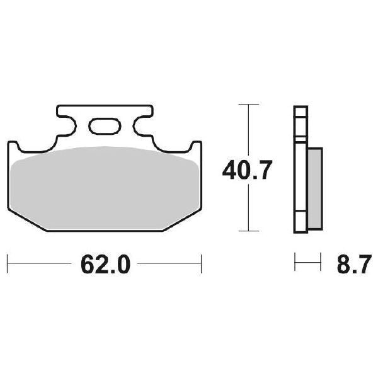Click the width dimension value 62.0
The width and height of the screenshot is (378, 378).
105,263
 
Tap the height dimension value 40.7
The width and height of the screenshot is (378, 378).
247,170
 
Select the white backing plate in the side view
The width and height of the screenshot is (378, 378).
301,170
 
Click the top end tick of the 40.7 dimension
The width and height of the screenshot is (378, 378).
249,105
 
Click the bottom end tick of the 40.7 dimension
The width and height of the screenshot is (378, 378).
249,232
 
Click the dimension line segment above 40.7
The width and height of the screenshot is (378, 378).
249,129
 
